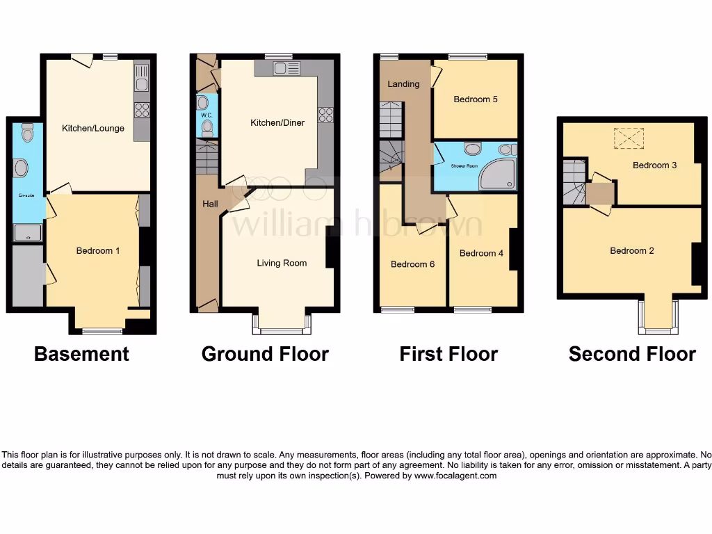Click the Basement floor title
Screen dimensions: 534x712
point(81,354)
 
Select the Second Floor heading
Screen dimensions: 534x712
point(631,354)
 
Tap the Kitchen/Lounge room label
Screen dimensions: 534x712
point(93,129)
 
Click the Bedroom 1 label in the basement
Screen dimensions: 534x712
point(98,250)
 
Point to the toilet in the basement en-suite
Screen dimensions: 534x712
point(27,132)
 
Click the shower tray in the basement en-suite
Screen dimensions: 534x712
point(27,234)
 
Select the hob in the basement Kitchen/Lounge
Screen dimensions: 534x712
point(142,109)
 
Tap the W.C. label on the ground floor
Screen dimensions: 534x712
point(206,115)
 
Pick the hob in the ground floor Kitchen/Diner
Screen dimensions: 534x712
point(325,115)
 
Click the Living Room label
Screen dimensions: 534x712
point(282,263)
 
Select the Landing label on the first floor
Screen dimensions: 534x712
point(403,84)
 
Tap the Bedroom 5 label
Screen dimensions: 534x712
point(476,99)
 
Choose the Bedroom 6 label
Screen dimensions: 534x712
point(412,264)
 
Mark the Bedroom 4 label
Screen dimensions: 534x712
point(481,253)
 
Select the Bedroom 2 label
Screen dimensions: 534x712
point(631,251)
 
